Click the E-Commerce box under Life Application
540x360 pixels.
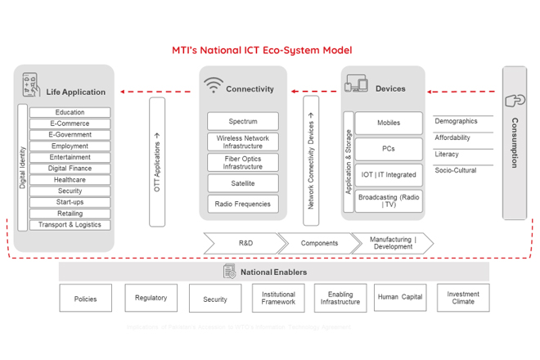70,124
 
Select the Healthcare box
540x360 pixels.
70,180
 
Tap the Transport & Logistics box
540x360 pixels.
70,225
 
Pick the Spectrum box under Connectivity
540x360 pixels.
243,121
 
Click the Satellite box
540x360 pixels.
243,183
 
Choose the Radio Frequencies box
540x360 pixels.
243,204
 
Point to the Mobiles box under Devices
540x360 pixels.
389,124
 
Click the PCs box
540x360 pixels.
389,149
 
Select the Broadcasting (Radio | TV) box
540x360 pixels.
389,201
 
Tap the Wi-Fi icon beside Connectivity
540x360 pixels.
214,85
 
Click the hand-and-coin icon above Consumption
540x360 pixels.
515,101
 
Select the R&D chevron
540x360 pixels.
244,243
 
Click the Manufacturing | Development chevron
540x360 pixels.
393,243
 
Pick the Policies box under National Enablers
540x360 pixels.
85,299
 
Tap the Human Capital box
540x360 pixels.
400,297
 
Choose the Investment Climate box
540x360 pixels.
463,297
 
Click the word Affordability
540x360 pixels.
452,138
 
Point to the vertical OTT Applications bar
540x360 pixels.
157,162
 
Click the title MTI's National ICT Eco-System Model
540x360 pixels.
262,50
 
